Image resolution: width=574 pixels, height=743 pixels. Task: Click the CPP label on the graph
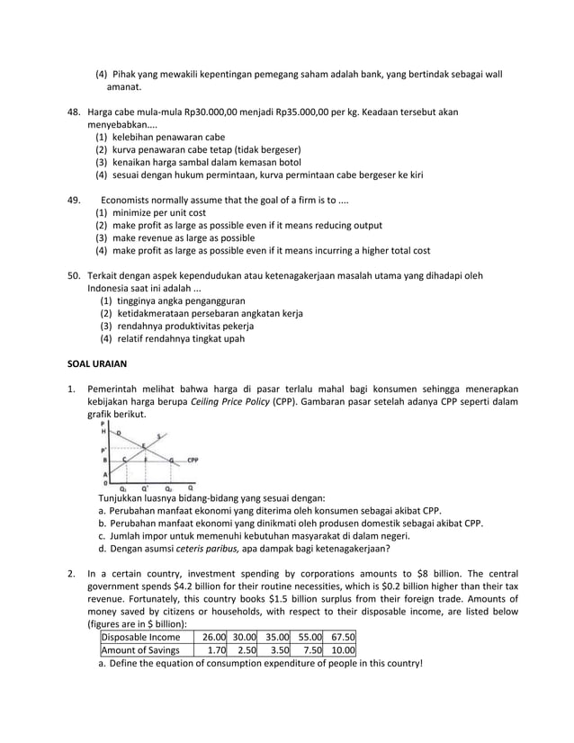[193, 459]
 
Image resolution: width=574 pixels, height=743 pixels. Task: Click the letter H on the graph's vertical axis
[103, 431]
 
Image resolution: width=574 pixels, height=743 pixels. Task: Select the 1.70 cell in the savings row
[213, 650]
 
